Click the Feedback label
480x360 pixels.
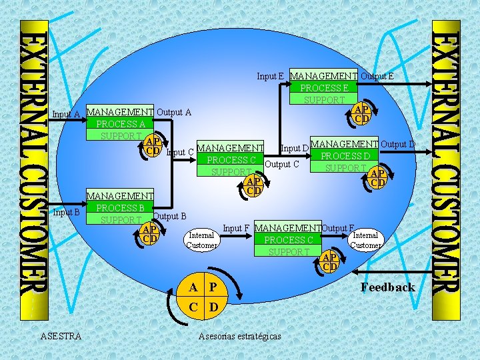[x=387, y=287]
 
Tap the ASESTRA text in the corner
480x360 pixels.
[x=61, y=336]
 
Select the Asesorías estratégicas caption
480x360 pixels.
[x=240, y=336]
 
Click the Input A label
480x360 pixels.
[x=67, y=114]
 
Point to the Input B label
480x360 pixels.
[x=67, y=213]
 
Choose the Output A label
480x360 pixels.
[x=173, y=112]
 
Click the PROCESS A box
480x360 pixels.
[x=120, y=124]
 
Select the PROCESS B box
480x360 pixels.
[x=120, y=207]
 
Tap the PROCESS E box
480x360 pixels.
[x=324, y=88]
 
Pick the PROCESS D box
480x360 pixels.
[x=345, y=156]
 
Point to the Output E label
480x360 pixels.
[x=377, y=76]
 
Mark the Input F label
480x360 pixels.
[x=237, y=228]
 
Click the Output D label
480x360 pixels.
[x=398, y=144]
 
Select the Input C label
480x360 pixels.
[x=180, y=152]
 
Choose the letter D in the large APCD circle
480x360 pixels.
[x=213, y=308]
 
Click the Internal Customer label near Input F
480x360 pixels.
[x=201, y=240]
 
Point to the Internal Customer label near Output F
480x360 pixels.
[x=365, y=240]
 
